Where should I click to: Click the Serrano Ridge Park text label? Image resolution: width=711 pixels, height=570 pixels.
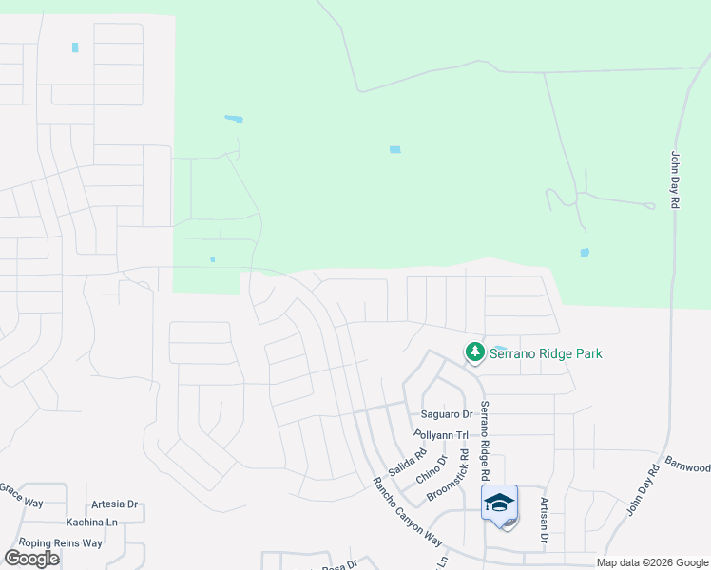pos(546,354)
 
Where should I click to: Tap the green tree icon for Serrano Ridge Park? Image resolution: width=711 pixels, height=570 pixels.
pos(473,353)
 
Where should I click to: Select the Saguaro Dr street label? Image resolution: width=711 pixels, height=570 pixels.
pos(447,414)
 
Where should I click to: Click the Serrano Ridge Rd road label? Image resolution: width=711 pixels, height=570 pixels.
pos(484,439)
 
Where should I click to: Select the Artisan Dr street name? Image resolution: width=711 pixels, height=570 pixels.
pos(545,520)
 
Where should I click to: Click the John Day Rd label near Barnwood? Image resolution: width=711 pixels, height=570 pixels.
pos(643,491)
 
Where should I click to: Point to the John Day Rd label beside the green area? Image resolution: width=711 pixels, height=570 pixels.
pos(675,180)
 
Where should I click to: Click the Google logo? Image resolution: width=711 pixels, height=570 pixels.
pos(31,559)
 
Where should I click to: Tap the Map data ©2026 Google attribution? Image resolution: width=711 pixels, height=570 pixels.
pos(651,562)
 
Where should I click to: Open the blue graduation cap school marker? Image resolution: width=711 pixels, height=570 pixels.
pos(500,502)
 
